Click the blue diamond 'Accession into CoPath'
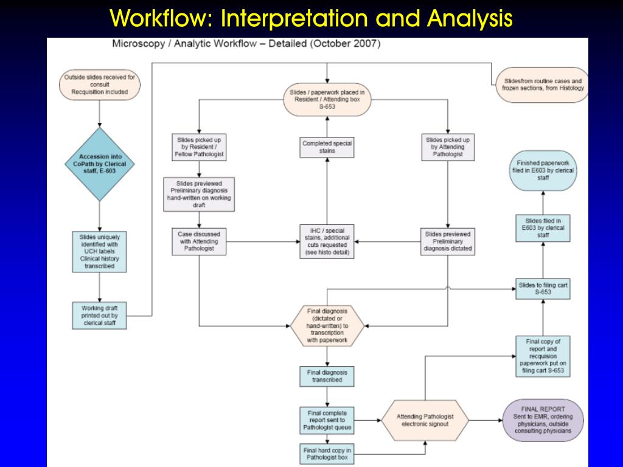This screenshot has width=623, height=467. point(99,164)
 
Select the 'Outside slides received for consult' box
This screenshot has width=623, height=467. point(99,85)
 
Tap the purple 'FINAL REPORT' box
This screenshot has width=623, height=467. point(543,420)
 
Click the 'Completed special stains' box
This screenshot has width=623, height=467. point(327,147)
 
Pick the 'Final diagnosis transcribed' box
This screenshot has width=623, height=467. point(327,376)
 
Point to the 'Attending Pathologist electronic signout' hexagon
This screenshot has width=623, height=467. point(425,420)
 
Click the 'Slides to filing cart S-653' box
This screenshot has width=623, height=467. point(543,288)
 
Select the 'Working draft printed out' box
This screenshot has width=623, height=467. point(100,316)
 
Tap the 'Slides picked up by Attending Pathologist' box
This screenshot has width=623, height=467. point(448,147)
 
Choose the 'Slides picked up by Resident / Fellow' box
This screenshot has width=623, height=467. point(199,147)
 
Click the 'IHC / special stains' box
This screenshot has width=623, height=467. point(327,241)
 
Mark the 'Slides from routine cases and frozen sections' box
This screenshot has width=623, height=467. point(543,85)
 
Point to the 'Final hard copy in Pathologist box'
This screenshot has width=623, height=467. point(327,454)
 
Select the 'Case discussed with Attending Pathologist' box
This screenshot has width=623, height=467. point(199,241)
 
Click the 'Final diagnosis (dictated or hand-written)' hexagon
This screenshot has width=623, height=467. point(327,325)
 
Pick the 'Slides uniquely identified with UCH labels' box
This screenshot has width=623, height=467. point(100,250)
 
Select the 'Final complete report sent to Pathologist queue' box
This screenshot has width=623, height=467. point(327,420)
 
